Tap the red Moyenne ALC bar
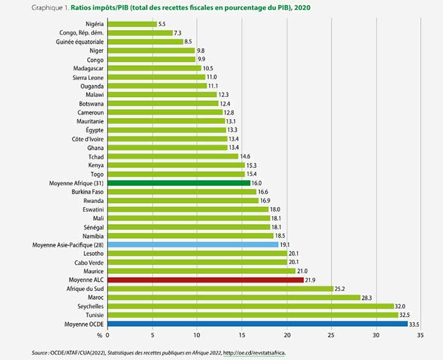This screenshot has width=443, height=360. pos(205,279)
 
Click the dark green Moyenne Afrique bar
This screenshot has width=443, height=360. pos(179,183)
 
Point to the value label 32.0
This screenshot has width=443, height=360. pos(403,306)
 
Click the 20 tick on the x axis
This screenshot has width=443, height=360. pos(287,335)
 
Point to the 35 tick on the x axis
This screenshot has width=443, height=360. pos(420,335)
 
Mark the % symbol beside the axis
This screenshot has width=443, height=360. pos(100,335)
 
